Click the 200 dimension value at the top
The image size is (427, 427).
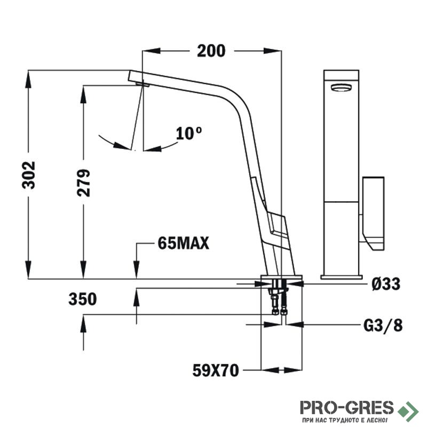click(211, 51)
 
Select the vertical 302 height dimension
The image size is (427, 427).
click(29, 175)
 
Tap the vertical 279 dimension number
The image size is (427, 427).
click(83, 183)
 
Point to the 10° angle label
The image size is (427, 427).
click(189, 133)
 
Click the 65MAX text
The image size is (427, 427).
click(183, 243)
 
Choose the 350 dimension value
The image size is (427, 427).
click(83, 299)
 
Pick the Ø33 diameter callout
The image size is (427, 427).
click(386, 284)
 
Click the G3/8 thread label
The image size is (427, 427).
click(383, 325)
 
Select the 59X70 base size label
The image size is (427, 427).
click(216, 370)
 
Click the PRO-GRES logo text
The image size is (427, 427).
click(347, 408)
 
